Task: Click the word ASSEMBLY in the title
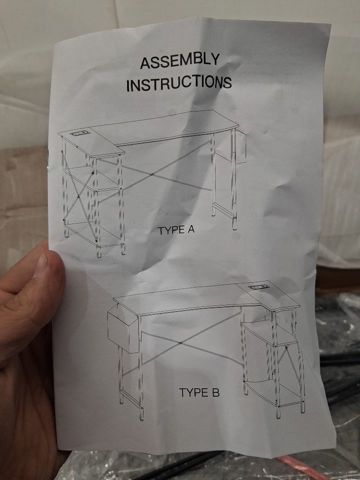pyautogui.click(x=179, y=61)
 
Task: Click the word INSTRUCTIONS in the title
pyautogui.click(x=179, y=83)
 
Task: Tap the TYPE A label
pyautogui.click(x=176, y=230)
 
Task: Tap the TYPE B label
pyautogui.click(x=199, y=392)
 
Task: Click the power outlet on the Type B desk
pyautogui.click(x=257, y=287)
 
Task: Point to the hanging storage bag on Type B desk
pyautogui.click(x=123, y=328)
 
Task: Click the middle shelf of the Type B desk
pyautogui.click(x=269, y=333)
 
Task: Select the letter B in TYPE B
pyautogui.click(x=216, y=392)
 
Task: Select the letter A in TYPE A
pyautogui.click(x=190, y=229)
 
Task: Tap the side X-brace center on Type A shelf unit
pyautogui.click(x=78, y=196)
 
